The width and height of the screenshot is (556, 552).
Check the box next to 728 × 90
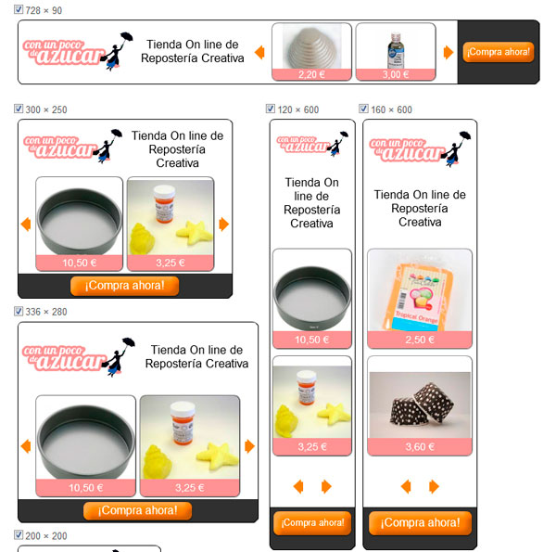tap(19, 9)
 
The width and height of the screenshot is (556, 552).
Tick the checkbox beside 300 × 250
tap(19, 109)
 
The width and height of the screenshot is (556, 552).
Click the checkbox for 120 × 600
tap(271, 109)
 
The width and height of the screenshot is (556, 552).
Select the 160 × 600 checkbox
tap(363, 109)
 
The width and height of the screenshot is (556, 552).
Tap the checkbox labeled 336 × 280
tap(19, 312)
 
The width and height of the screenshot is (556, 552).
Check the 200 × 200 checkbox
tap(19, 535)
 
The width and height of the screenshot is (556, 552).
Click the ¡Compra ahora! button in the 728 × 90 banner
tap(499, 52)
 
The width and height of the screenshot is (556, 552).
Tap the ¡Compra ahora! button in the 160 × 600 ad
tap(420, 523)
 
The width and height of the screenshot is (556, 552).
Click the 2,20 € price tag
tap(311, 74)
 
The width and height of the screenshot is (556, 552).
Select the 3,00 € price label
tap(396, 74)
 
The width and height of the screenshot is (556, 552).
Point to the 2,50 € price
tap(420, 340)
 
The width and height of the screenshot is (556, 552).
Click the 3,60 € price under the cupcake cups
tap(420, 446)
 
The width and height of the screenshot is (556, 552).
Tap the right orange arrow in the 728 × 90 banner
tap(449, 52)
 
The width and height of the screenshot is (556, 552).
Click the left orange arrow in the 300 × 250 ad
tap(26, 225)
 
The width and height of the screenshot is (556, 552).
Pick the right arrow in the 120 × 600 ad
tap(326, 486)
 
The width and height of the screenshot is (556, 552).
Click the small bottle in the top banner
tap(396, 50)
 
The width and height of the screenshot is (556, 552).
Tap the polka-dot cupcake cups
tap(422, 404)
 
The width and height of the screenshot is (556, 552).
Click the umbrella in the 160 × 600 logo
tap(464, 135)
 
